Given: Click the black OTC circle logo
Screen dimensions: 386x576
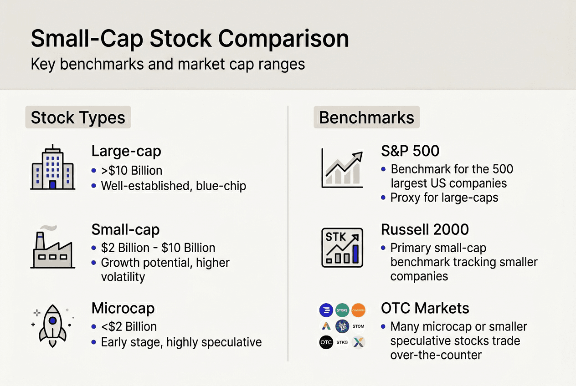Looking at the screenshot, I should [x=326, y=342].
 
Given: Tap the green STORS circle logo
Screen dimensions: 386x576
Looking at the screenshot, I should [x=342, y=310].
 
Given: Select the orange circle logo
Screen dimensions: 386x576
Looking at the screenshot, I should [x=358, y=310].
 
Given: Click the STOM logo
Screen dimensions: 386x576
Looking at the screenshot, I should [x=358, y=326].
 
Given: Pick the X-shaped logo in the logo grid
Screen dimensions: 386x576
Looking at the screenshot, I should [x=358, y=342].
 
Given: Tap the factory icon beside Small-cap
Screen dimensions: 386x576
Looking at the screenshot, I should [x=52, y=249].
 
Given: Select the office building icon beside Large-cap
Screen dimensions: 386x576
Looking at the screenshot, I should [x=52, y=168].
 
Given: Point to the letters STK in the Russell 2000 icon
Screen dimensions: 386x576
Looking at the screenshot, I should [x=336, y=237].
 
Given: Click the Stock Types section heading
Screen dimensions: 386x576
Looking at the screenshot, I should [x=78, y=117].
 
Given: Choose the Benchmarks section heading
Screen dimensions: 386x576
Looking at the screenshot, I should [x=366, y=117].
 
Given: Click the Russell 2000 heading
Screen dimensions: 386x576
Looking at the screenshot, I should [x=425, y=229].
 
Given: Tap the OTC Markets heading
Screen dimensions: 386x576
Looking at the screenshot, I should [x=425, y=308].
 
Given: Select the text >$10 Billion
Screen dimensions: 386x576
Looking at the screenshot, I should [x=132, y=171].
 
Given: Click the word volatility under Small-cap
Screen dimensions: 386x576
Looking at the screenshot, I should [x=123, y=277].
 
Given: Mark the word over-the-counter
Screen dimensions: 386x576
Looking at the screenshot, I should [x=436, y=355].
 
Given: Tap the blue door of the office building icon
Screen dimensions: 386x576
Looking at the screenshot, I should [x=52, y=184].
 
